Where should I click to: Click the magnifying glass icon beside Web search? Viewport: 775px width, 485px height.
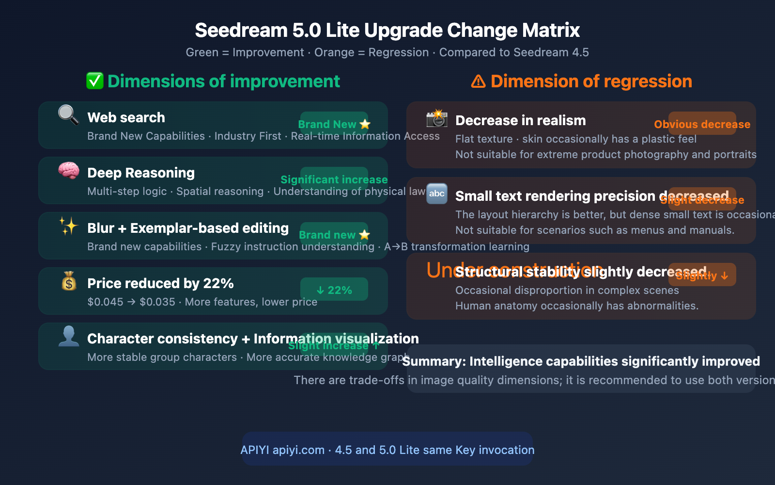pos(68,115)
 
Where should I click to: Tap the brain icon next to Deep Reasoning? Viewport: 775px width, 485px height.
pos(69,171)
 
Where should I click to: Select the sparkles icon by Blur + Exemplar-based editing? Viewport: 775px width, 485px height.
pos(69,226)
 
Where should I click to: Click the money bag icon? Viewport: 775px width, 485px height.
pos(69,281)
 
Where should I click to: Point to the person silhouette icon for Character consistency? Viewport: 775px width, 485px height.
pos(69,336)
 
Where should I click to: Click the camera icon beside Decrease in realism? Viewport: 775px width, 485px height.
pos(437,118)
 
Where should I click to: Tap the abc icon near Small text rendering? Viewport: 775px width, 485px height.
pos(437,194)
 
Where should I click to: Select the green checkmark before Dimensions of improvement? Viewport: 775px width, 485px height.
pos(95,81)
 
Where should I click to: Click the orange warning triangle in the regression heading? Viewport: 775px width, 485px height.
pos(478,81)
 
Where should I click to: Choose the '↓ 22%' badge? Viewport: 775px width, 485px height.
pos(334,290)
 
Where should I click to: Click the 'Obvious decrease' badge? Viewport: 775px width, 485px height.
pos(702,124)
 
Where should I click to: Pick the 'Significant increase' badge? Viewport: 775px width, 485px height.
pos(334,179)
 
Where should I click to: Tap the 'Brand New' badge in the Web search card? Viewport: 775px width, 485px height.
pos(334,124)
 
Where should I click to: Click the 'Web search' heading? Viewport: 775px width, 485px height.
pos(126,117)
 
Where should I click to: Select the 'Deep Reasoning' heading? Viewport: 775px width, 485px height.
pos(141,173)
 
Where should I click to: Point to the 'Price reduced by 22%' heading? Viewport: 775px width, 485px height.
pos(160,283)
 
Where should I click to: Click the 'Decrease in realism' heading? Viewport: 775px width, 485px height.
pos(520,120)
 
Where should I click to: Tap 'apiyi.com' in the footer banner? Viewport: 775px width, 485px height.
pos(298,450)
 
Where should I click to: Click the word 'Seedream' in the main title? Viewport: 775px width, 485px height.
pos(241,30)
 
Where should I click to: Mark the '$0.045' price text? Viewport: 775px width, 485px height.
pos(105,302)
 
